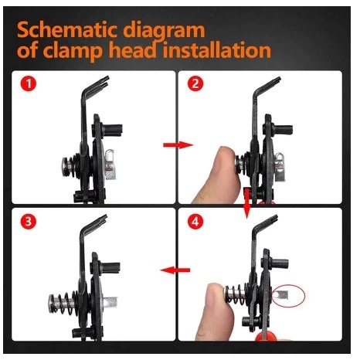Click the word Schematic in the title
tap(66, 30)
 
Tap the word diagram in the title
tap(164, 31)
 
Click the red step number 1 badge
tap(29, 83)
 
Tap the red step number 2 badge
tap(195, 83)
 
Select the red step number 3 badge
tap(29, 221)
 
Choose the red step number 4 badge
tap(195, 221)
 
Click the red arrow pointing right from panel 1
tap(178, 145)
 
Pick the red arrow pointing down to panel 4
tap(247, 203)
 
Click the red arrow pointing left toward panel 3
tap(175, 270)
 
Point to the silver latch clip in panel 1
tap(110, 165)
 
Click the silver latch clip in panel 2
tap(279, 167)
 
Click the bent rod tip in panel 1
tap(106, 79)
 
